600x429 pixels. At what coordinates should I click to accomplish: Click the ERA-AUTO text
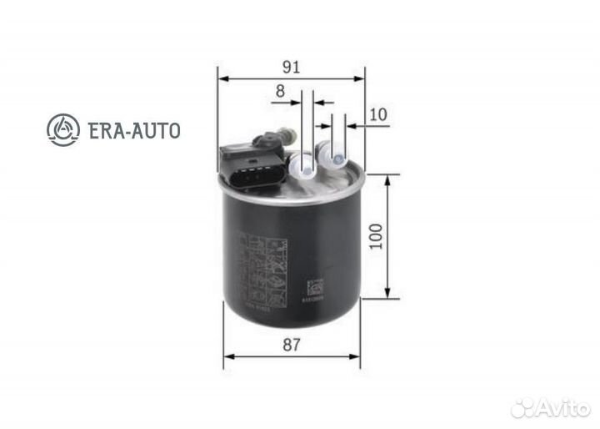(133, 130)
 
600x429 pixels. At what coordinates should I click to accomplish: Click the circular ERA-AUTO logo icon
(64, 129)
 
